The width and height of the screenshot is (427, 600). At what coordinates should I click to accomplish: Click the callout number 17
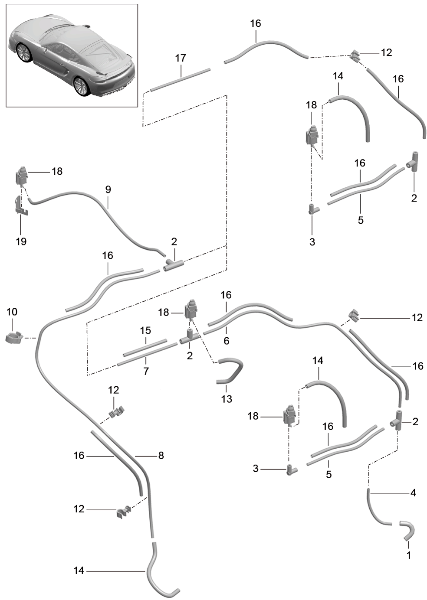click(x=181, y=58)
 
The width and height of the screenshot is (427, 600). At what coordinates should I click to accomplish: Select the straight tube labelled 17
click(x=180, y=79)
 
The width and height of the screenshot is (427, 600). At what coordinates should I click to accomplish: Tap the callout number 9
click(x=108, y=189)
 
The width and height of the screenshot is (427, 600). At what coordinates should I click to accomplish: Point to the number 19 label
click(x=21, y=241)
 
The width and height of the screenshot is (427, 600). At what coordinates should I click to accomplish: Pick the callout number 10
click(x=12, y=312)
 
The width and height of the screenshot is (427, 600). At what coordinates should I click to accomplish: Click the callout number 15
click(x=145, y=331)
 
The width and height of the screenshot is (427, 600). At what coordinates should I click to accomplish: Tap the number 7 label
click(x=146, y=372)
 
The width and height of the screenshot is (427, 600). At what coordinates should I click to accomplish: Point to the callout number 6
click(x=227, y=341)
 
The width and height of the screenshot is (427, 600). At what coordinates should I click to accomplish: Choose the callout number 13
click(x=227, y=399)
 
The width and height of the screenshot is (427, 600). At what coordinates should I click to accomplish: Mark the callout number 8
click(x=161, y=456)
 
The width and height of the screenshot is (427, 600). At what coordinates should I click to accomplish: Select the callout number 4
click(x=413, y=493)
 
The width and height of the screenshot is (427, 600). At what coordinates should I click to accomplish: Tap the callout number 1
click(x=408, y=555)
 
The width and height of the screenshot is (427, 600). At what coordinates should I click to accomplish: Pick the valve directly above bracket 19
click(x=21, y=176)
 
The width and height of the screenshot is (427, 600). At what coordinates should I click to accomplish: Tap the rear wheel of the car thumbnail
click(x=81, y=86)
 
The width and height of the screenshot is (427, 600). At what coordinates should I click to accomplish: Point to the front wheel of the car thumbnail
click(x=23, y=53)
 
